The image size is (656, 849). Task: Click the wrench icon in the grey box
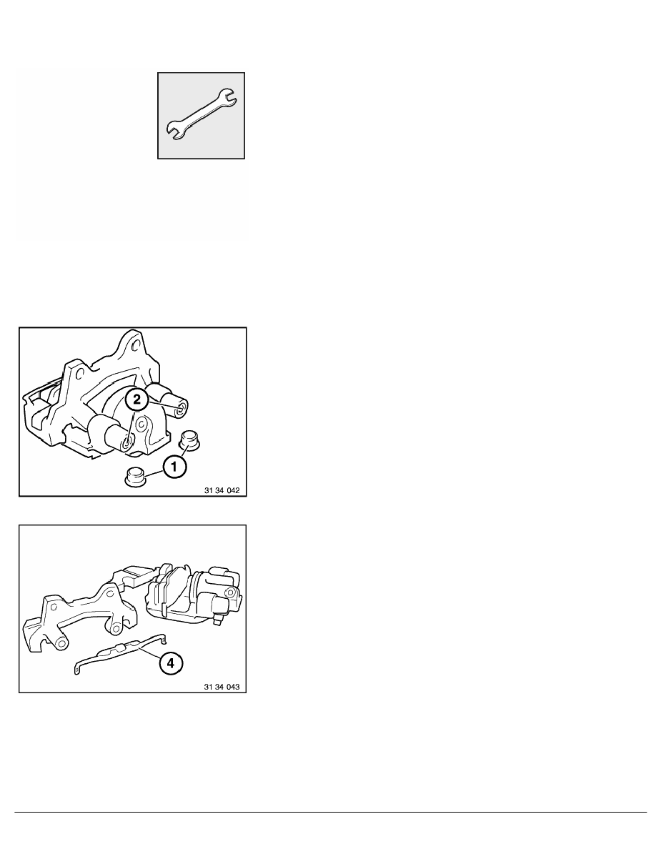pos(201,115)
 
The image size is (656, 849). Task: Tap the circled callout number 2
pos(137,399)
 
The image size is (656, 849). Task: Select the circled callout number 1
pos(175,466)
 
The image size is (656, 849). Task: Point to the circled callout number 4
pos(171,662)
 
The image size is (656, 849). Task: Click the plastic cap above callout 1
pos(189,438)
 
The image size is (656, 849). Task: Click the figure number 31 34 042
pos(222,490)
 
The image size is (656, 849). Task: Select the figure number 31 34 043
pos(222,687)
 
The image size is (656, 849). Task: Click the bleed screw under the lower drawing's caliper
pos(218,617)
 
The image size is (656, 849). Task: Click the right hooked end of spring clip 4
pos(164,639)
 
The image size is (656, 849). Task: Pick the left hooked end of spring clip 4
pos(77,670)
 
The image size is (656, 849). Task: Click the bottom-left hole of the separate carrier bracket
pos(62,642)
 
